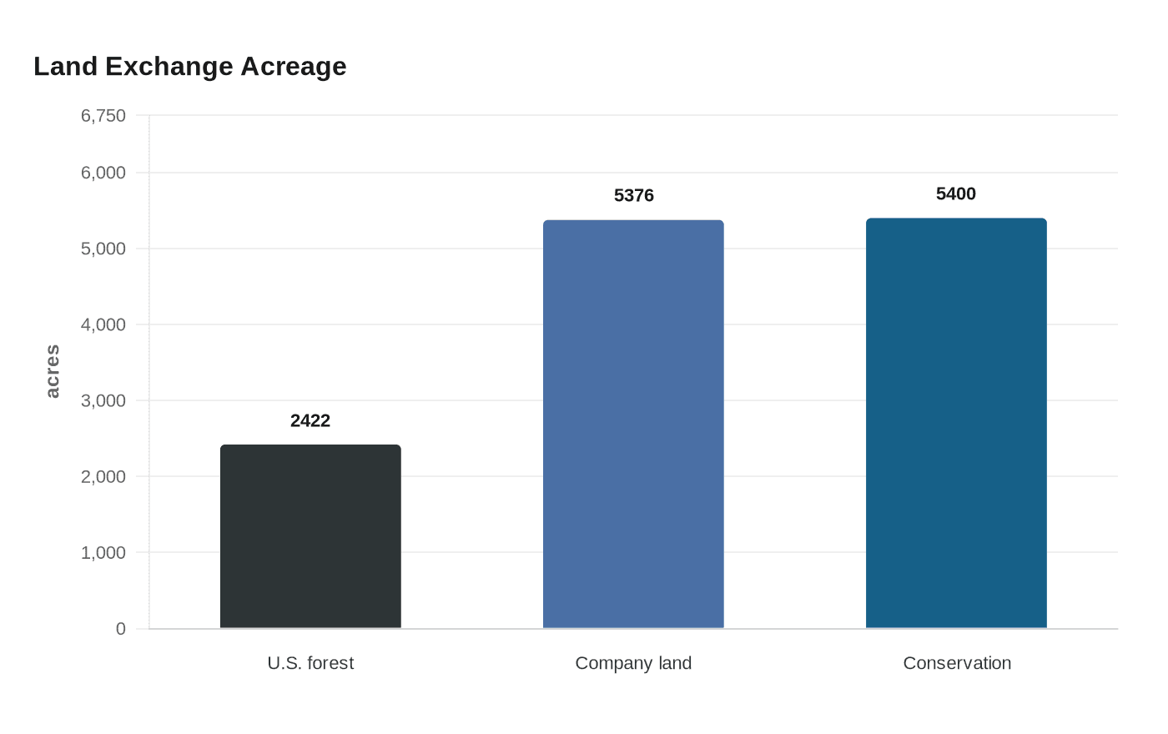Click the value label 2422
click(310, 420)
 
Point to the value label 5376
click(633, 195)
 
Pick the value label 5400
click(956, 194)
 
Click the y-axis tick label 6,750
click(103, 115)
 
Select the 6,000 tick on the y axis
click(103, 173)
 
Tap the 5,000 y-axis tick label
click(103, 249)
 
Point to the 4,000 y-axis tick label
click(103, 324)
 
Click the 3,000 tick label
click(103, 400)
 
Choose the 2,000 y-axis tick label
click(103, 476)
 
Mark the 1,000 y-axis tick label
click(103, 552)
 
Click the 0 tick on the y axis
click(121, 628)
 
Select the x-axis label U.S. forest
click(310, 663)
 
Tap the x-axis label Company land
click(633, 663)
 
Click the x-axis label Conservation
click(957, 663)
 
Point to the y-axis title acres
click(52, 371)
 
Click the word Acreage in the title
click(293, 66)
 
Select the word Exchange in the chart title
click(169, 66)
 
